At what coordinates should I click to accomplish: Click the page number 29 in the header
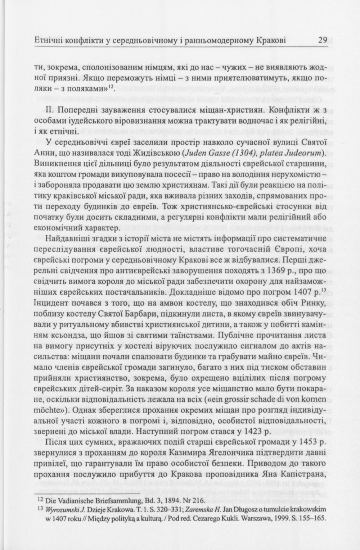[323, 40]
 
